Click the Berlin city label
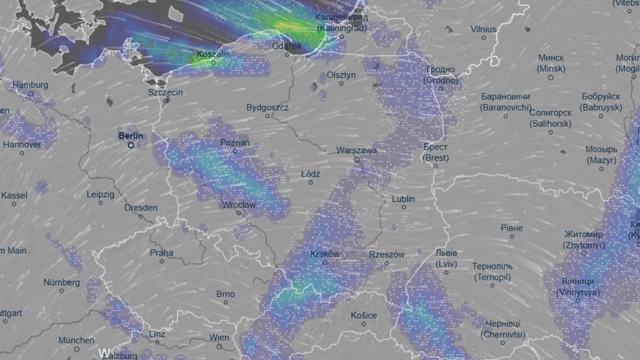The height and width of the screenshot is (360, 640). coord(131,136)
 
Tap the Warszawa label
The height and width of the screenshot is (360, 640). coord(356,150)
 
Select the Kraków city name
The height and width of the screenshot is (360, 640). coord(324,254)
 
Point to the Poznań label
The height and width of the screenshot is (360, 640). coord(235,143)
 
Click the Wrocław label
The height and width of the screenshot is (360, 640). coord(239,205)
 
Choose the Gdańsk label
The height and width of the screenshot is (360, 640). coord(287,46)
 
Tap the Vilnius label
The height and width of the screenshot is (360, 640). coord(483,29)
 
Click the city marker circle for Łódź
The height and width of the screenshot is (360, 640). coord(310,183)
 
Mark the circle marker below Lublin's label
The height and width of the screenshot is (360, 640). coord(404,207)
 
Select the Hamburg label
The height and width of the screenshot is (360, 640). coord(30,85)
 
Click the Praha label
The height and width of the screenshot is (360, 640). coord(161,253)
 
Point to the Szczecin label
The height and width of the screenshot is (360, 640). coord(165,92)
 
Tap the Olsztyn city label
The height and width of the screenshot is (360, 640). coord(341,75)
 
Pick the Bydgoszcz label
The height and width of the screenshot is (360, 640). coord(267,108)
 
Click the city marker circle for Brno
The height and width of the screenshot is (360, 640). coord(226,302)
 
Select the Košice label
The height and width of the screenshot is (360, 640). coord(364,315)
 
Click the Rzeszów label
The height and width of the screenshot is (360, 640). coord(387,255)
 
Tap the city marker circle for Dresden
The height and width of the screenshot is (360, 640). coord(141,216)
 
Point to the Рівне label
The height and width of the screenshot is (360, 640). coord(511,228)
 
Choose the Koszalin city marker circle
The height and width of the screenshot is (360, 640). coord(213,62)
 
